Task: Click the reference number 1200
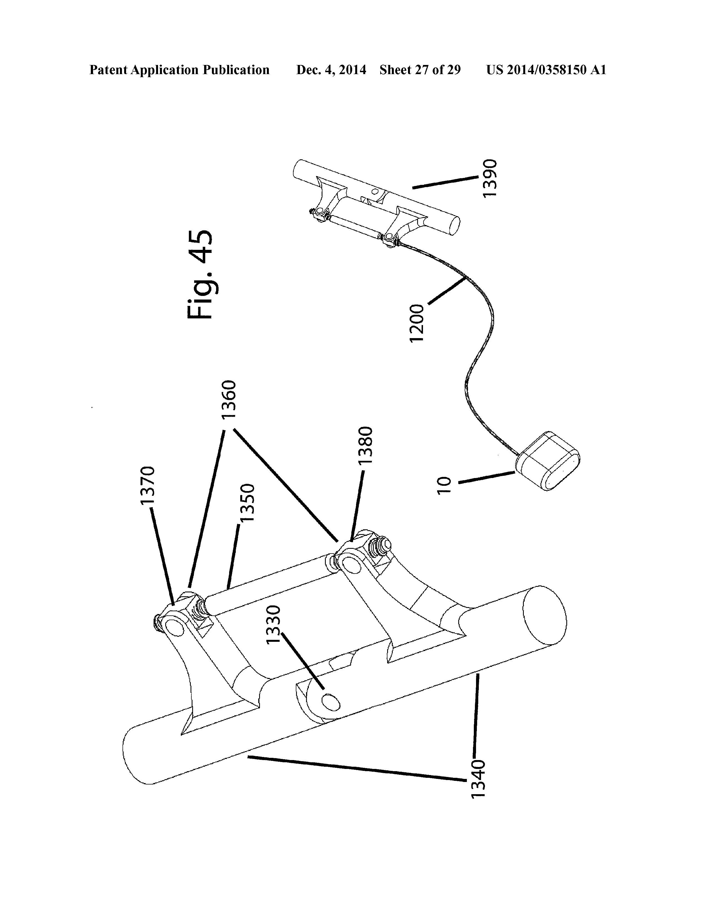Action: click(417, 324)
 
